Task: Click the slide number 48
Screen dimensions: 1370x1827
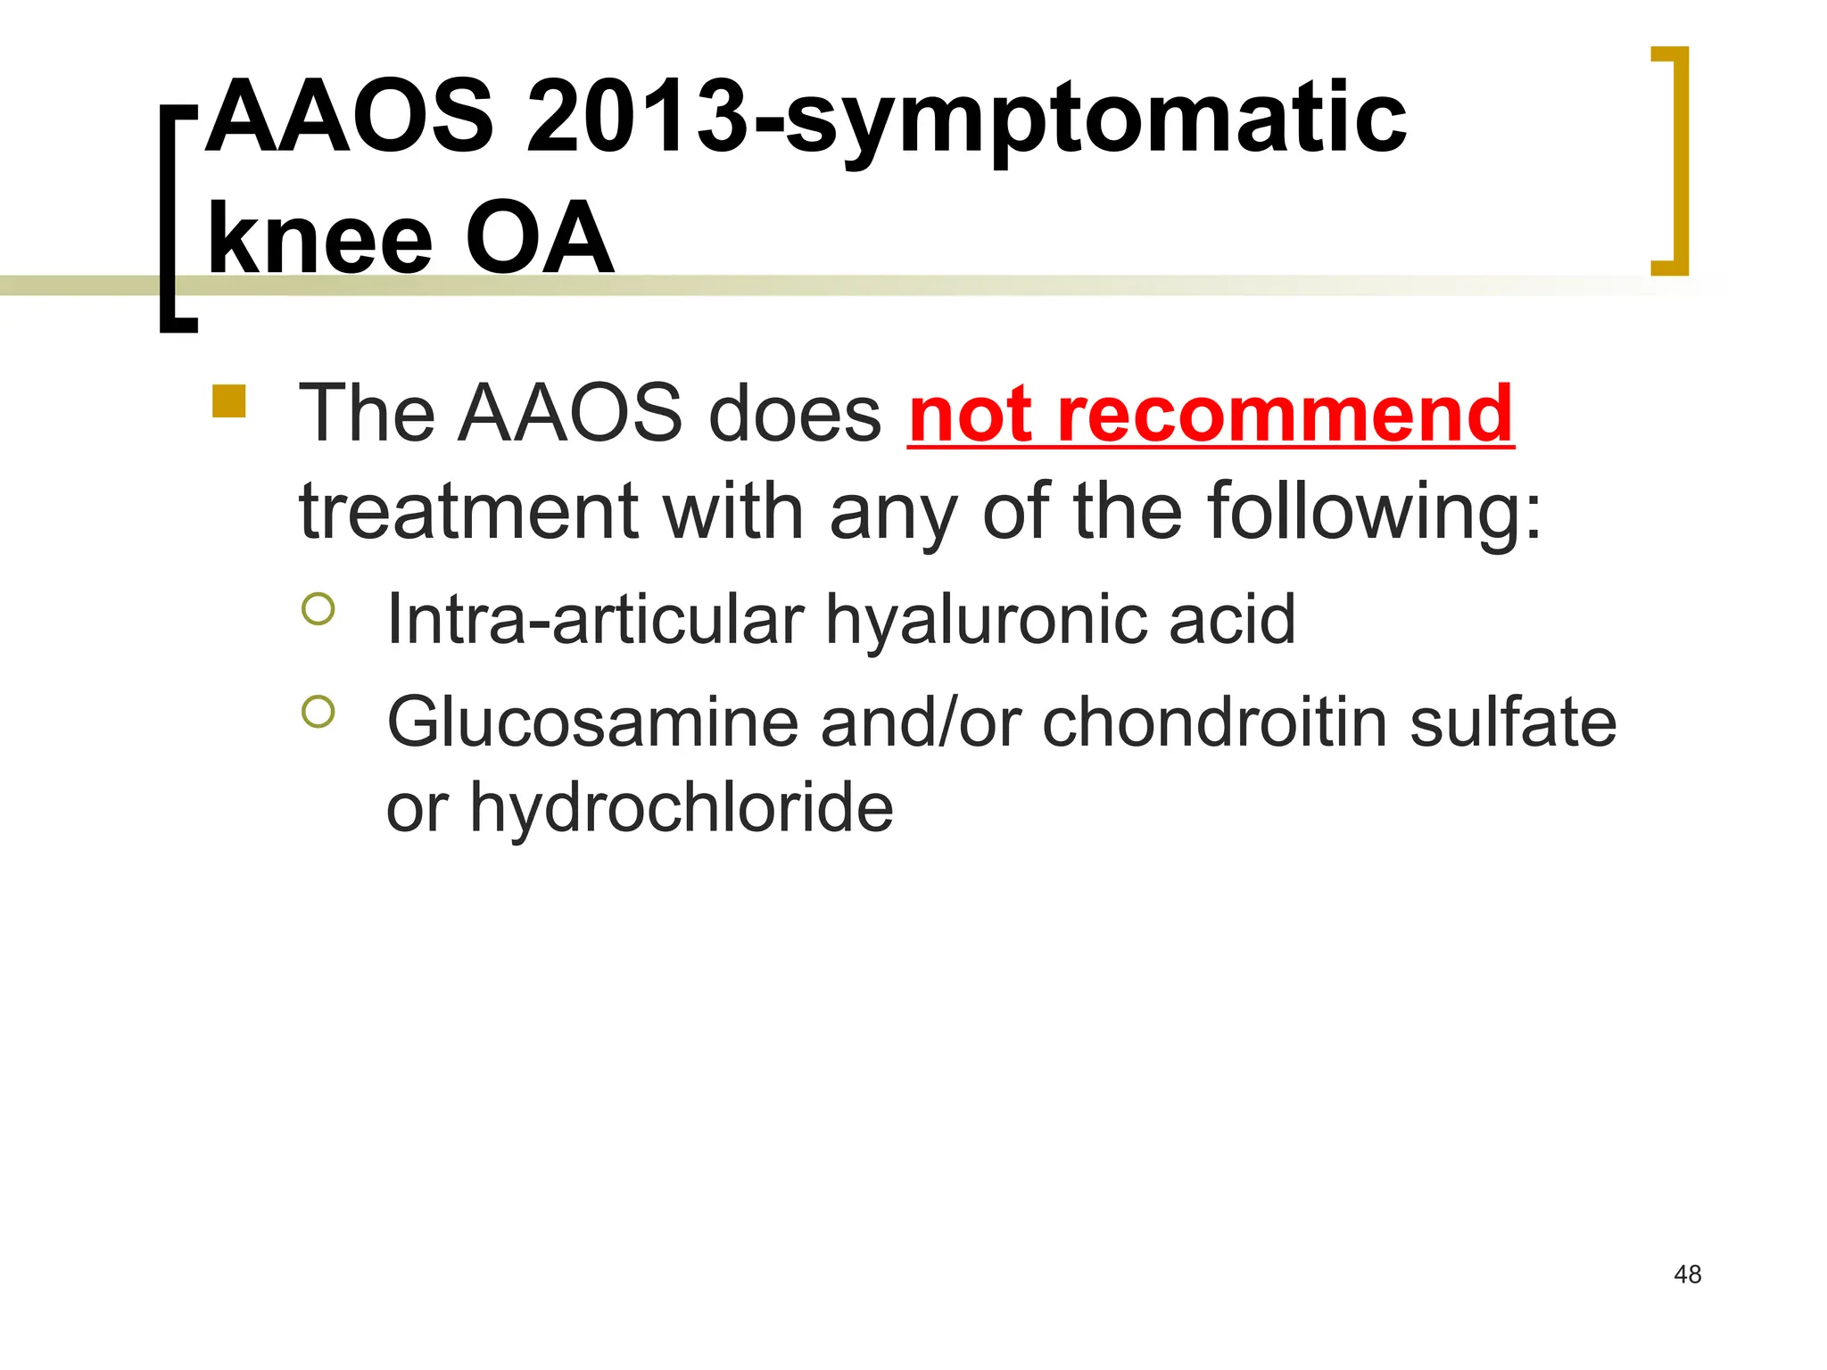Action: coord(1687,1275)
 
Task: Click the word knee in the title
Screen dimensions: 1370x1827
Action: coord(319,239)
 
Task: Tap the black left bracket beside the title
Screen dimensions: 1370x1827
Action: coord(175,219)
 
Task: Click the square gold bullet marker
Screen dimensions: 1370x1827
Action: coord(229,401)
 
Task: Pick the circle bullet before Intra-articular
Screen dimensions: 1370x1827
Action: coord(318,609)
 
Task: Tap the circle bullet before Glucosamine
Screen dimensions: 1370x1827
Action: coord(318,712)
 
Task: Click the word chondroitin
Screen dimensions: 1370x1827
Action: coord(1214,722)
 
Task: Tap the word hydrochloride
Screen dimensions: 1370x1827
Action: coord(681,806)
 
